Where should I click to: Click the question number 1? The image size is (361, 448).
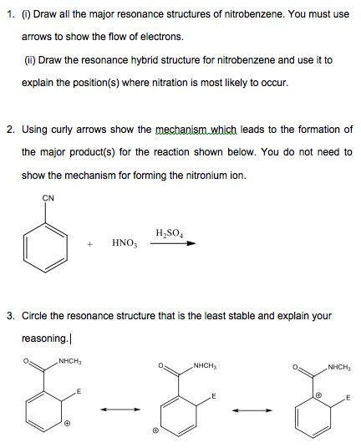[9, 15]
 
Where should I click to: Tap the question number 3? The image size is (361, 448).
[9, 316]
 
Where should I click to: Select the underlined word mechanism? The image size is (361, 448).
[182, 130]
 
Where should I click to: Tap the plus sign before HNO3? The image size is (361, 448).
[89, 244]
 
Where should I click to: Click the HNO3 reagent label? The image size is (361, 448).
[123, 243]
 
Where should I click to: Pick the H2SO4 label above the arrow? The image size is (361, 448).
[170, 231]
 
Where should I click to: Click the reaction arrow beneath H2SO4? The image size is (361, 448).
[178, 243]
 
